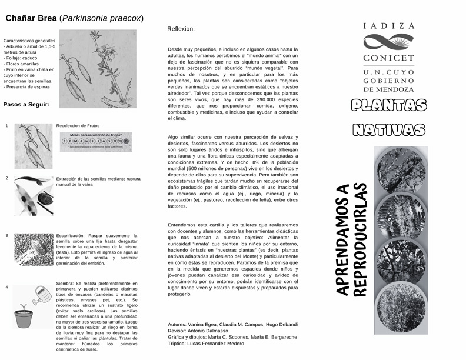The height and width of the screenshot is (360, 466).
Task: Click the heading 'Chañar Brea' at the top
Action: click(31, 18)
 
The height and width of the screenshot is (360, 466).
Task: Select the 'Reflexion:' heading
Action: click(181, 29)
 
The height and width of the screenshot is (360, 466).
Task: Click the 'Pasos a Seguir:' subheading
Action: click(26, 104)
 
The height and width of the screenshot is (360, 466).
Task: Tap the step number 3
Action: click(6, 236)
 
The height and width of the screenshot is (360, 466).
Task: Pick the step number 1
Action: click(6, 126)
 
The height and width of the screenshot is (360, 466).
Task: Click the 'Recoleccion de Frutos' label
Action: click(78, 126)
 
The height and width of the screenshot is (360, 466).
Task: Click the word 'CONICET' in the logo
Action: click(388, 58)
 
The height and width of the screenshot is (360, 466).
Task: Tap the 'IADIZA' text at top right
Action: click(388, 26)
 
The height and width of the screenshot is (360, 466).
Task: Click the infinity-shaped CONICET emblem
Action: click(388, 42)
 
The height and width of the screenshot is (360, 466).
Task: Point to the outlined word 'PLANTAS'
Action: click(388, 106)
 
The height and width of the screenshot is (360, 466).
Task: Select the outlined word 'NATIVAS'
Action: click(388, 129)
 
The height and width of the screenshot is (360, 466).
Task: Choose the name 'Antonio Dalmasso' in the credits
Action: click(212, 331)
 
